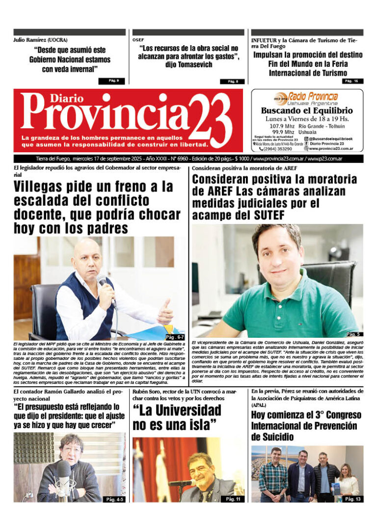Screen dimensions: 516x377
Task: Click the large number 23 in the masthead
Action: click(211, 120)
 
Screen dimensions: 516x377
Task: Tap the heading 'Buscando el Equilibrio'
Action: click(307, 111)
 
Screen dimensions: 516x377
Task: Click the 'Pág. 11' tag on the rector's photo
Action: click(233, 499)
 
